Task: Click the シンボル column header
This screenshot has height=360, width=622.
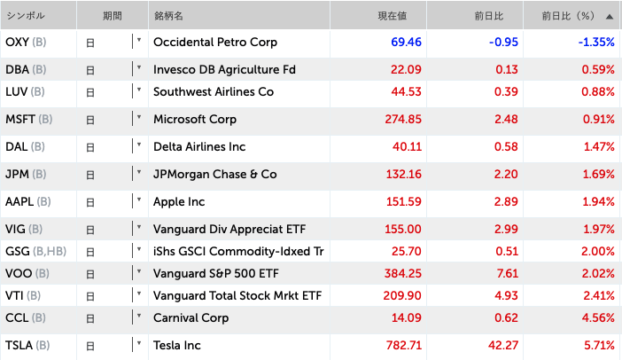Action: coord(26,16)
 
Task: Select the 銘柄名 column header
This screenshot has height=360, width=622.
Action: coord(168,16)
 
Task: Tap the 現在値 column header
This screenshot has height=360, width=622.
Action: coord(396,16)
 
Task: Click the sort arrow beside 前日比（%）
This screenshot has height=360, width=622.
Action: coord(609,16)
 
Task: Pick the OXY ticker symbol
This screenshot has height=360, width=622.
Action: coord(17,42)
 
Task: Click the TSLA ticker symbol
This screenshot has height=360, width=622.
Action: coord(19,344)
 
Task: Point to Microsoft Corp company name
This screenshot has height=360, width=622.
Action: coord(195,119)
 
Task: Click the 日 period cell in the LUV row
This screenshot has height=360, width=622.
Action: coord(91,92)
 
